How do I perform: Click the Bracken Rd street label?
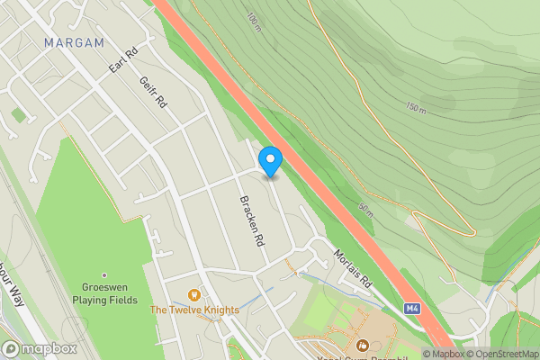[x=250, y=221]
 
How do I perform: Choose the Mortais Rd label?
[x=354, y=267]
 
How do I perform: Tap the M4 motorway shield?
[x=412, y=308]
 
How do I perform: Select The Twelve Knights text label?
[x=194, y=310]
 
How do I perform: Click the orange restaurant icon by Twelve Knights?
[x=192, y=294]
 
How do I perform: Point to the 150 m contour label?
[x=415, y=108]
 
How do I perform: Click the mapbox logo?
[x=40, y=349]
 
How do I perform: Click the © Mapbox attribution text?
[x=445, y=354]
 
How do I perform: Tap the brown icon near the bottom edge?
[x=363, y=346]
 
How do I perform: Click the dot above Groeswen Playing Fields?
[x=104, y=275]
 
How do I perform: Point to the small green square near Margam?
[x=18, y=115]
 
